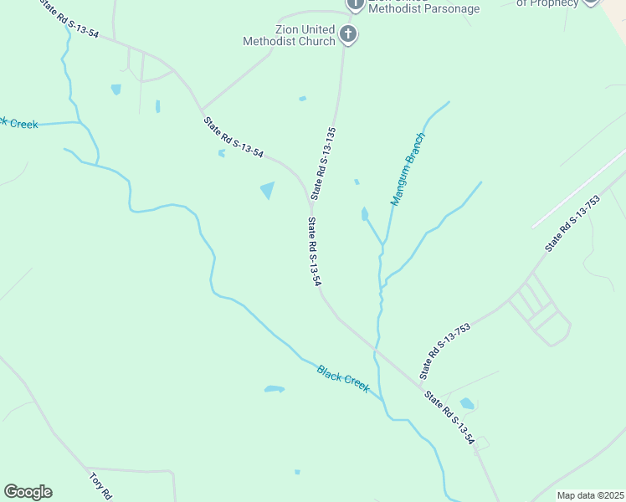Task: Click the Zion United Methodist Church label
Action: [289, 35]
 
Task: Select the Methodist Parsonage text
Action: [425, 8]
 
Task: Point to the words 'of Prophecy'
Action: [547, 3]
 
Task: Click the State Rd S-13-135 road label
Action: [325, 162]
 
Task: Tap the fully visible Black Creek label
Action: [343, 378]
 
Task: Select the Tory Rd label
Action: [100, 486]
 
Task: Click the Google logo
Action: [28, 492]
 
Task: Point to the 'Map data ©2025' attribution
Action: [590, 495]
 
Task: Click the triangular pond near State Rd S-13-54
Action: [268, 190]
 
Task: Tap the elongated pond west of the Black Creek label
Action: [275, 389]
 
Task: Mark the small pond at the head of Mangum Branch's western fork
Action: [364, 214]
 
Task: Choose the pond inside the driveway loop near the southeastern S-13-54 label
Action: [467, 403]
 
